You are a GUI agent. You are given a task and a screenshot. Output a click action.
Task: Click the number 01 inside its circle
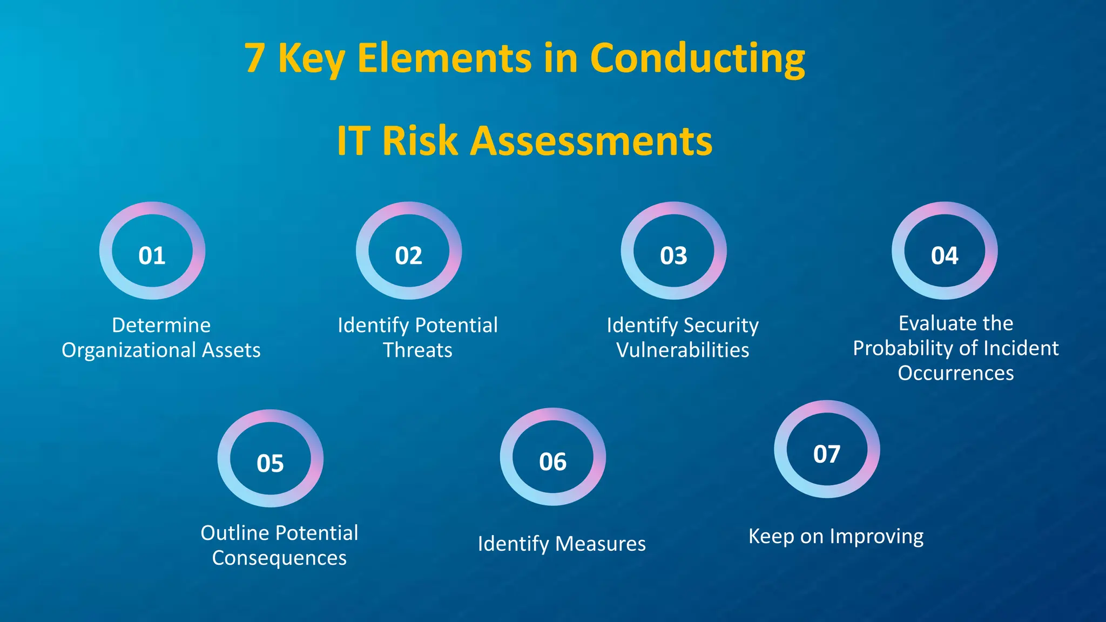(x=152, y=255)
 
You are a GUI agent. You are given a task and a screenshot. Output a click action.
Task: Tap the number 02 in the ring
(x=408, y=255)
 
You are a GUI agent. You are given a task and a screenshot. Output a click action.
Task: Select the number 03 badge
(x=673, y=255)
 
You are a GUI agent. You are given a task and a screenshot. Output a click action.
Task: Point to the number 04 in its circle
(x=945, y=255)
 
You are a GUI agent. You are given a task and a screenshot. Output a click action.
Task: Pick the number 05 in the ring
(x=270, y=463)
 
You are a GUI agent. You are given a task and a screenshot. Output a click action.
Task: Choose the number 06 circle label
(x=552, y=462)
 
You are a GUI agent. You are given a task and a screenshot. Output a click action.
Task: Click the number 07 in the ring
(x=827, y=454)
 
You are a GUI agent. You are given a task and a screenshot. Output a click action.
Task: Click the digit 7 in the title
(x=255, y=58)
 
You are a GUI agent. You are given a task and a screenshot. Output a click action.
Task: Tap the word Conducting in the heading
(x=697, y=58)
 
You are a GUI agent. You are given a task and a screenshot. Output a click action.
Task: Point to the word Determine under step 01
(x=161, y=325)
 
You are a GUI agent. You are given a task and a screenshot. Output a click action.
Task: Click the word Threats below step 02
(x=417, y=350)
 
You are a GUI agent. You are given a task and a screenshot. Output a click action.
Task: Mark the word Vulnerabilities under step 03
(x=683, y=350)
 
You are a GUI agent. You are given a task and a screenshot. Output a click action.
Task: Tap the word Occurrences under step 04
(x=956, y=373)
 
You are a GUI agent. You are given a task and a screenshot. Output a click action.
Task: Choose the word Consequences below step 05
(x=279, y=558)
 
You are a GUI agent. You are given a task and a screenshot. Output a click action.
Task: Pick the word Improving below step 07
(x=876, y=537)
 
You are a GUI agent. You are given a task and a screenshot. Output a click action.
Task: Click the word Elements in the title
(x=444, y=58)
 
